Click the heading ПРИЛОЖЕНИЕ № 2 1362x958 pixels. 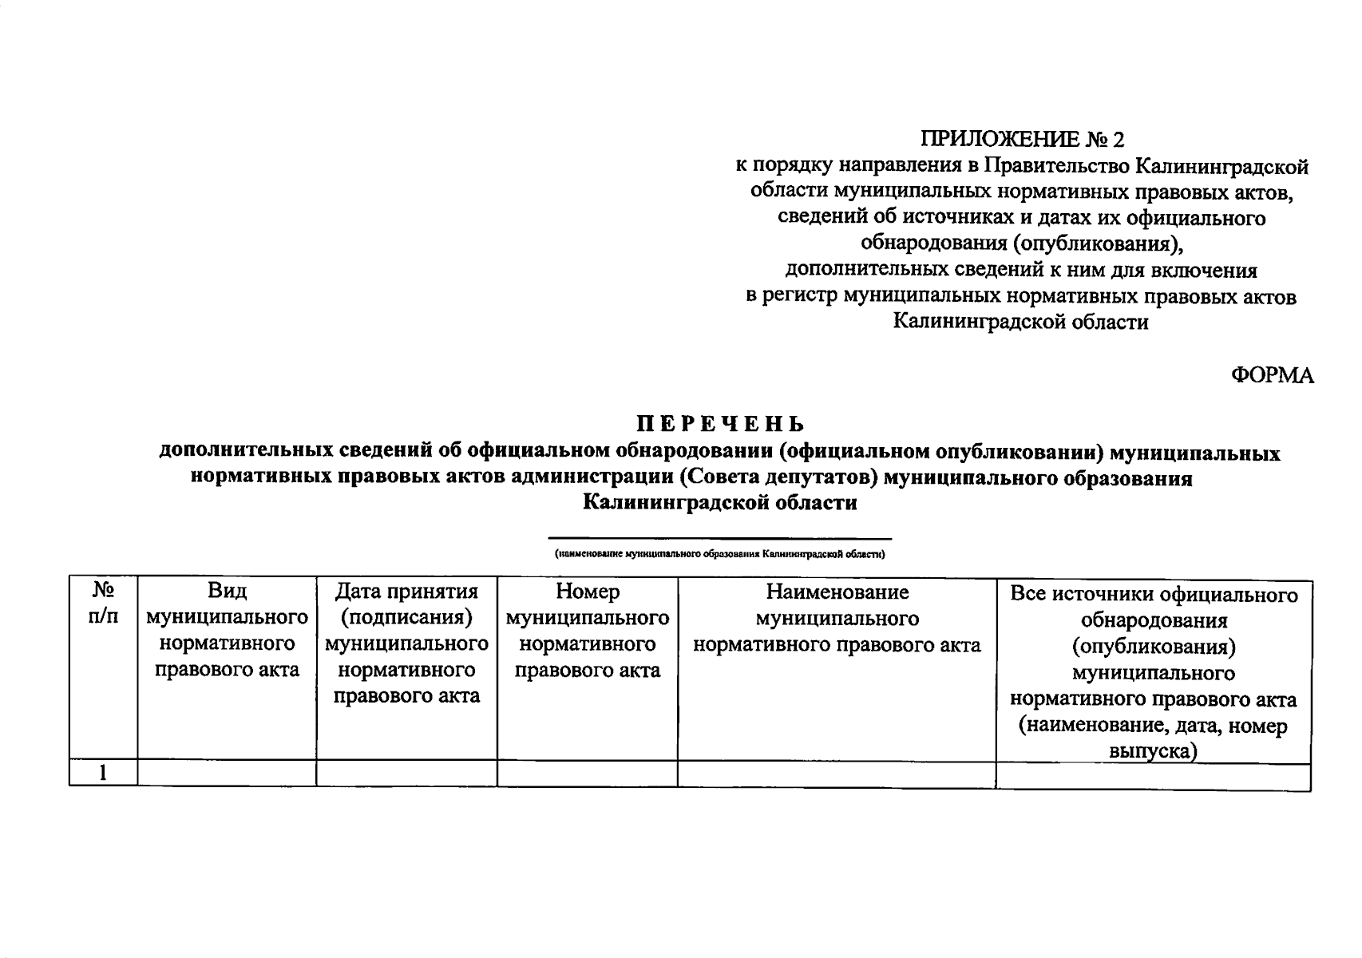pyautogui.click(x=1022, y=140)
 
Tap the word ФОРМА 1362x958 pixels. pyautogui.click(x=1272, y=375)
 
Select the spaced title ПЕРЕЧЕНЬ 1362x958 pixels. pyautogui.click(x=720, y=423)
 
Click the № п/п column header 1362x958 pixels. pyautogui.click(x=103, y=604)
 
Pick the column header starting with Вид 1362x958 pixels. pyautogui.click(x=227, y=631)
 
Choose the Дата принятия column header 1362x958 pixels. pyautogui.click(x=406, y=643)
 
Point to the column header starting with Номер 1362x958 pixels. pyautogui.click(x=587, y=631)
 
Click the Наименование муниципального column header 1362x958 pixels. pyautogui.click(x=837, y=618)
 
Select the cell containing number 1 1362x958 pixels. pyautogui.click(x=103, y=773)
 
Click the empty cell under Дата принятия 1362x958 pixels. pyautogui.click(x=406, y=773)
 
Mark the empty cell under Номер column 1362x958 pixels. pyautogui.click(x=587, y=773)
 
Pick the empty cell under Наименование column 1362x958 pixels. pyautogui.click(x=837, y=773)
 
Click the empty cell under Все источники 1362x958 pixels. pyautogui.click(x=1154, y=777)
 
